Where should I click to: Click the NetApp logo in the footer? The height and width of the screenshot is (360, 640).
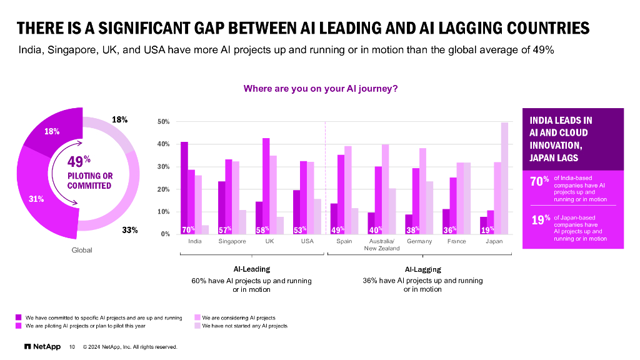[42, 346]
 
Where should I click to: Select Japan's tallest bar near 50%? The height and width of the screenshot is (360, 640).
[504, 178]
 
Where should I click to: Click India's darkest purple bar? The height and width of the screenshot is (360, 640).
[184, 187]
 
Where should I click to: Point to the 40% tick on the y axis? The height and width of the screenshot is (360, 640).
[164, 144]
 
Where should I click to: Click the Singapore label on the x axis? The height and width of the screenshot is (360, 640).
[232, 241]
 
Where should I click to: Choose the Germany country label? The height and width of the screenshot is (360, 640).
[419, 241]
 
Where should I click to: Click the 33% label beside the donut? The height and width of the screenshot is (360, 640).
[129, 230]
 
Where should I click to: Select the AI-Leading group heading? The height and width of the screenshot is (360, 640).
[251, 269]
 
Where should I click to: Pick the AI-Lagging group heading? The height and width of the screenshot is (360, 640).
[422, 269]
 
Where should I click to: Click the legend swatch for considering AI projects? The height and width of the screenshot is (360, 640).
[197, 318]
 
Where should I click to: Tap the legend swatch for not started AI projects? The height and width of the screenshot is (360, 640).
[197, 326]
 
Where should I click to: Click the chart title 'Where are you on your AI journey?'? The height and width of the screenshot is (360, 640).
[320, 89]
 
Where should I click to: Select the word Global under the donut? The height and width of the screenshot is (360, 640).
[81, 250]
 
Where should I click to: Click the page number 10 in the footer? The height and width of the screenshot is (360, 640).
[72, 347]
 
